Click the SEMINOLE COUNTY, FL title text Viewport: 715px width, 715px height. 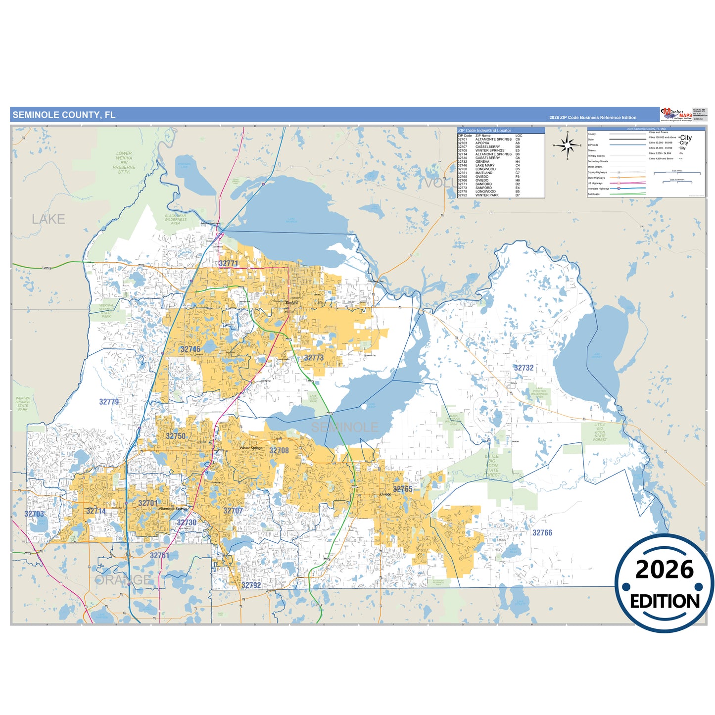(x=64, y=115)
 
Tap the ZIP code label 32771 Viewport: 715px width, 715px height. (x=228, y=264)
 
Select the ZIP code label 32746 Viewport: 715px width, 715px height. (x=191, y=349)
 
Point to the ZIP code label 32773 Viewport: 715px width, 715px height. (x=314, y=358)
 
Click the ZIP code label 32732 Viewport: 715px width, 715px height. (x=524, y=368)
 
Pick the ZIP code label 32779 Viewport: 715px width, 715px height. (x=109, y=402)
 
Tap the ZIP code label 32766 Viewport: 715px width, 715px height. (x=542, y=533)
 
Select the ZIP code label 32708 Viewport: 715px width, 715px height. (x=279, y=451)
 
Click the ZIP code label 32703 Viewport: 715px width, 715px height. (x=34, y=514)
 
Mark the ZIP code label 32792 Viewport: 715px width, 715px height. (x=251, y=585)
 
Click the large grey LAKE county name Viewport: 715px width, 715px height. (x=48, y=219)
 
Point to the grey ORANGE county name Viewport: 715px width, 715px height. (x=122, y=580)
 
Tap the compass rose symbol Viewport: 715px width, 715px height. (x=568, y=145)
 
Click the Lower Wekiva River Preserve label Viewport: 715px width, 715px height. (x=124, y=163)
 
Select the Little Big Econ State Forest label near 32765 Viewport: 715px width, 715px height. (x=491, y=466)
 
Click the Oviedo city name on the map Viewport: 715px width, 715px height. (x=385, y=494)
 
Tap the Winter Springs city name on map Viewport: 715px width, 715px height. (x=251, y=448)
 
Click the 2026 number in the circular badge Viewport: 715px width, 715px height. (x=664, y=570)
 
